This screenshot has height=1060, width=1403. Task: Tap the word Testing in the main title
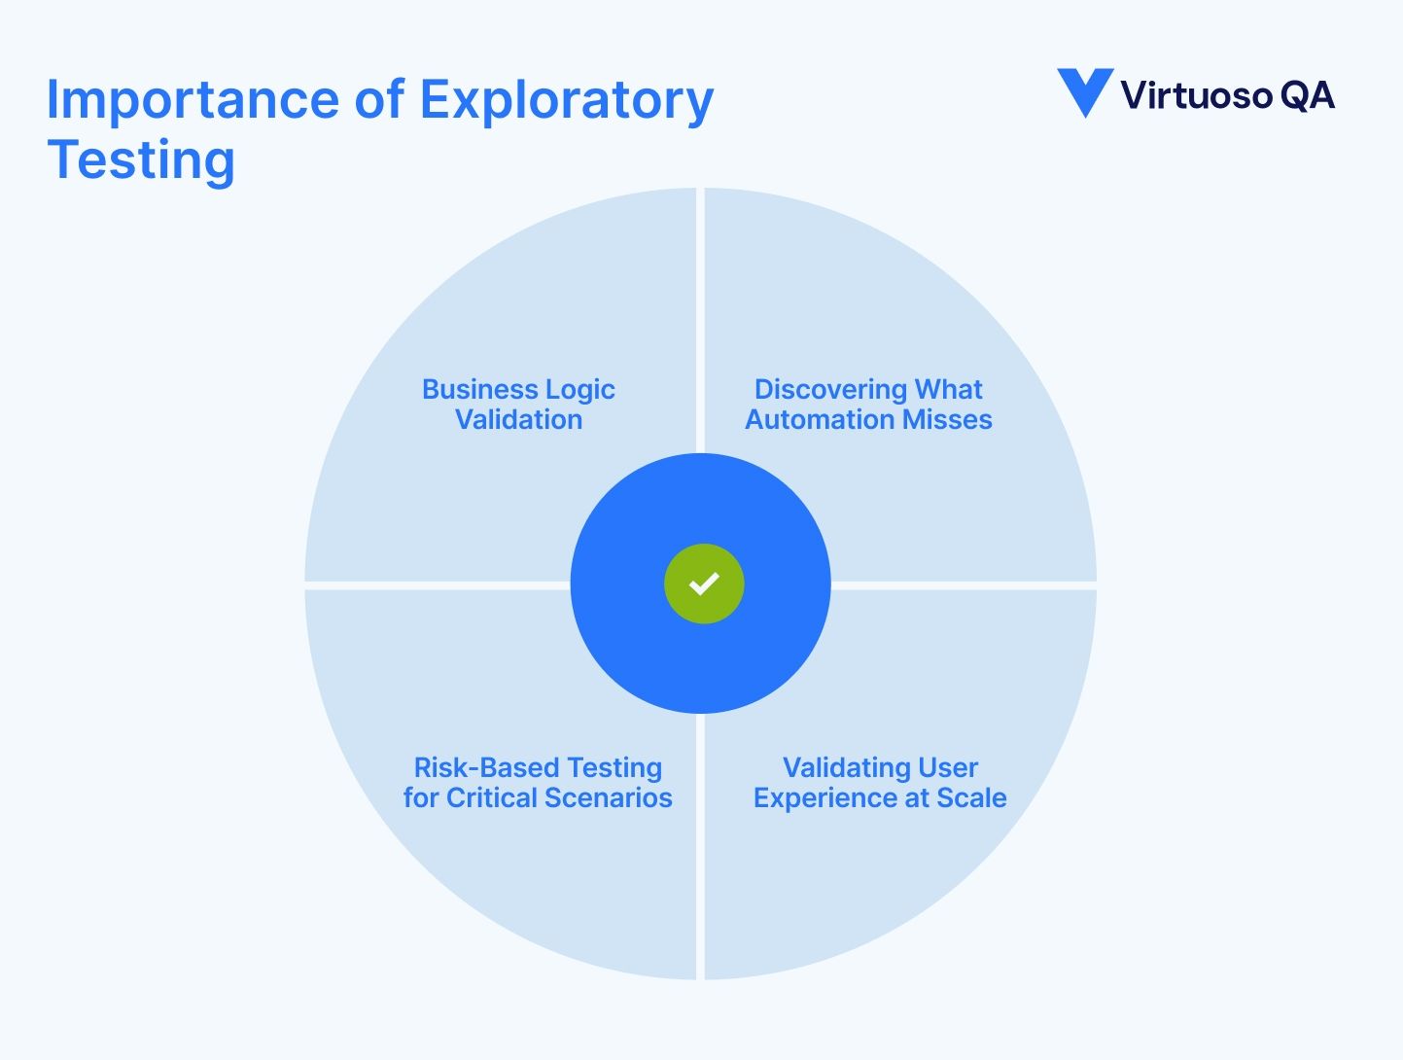point(141,160)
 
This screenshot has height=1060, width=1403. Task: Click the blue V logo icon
point(1084,92)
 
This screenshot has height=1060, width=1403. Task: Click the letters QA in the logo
point(1308,95)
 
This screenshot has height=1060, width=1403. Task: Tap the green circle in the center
point(704,583)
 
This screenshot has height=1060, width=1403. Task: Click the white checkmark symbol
point(704,583)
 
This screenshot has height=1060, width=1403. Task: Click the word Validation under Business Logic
point(519,420)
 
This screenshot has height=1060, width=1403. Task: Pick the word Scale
point(971,798)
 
